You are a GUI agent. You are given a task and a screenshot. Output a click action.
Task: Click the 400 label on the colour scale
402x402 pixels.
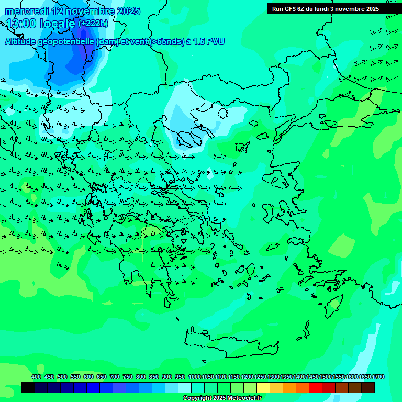(x=36, y=377)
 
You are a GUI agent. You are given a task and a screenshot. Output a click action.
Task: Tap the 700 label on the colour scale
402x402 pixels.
(x=115, y=377)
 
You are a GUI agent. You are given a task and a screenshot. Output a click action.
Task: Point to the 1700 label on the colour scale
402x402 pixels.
(x=378, y=377)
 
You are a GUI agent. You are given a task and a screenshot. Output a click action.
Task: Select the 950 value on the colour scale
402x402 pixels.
(x=180, y=377)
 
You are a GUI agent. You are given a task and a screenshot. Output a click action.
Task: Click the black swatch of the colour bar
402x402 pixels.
(x=28, y=388)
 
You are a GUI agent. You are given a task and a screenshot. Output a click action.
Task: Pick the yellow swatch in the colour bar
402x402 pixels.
(x=263, y=388)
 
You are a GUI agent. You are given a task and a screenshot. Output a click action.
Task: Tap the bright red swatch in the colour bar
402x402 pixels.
(x=316, y=388)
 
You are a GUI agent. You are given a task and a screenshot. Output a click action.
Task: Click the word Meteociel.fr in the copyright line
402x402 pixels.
(x=243, y=398)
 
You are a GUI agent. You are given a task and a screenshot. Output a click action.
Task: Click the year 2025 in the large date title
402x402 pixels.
(x=128, y=11)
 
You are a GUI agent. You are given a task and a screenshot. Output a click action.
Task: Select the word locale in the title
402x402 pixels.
(x=57, y=24)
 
